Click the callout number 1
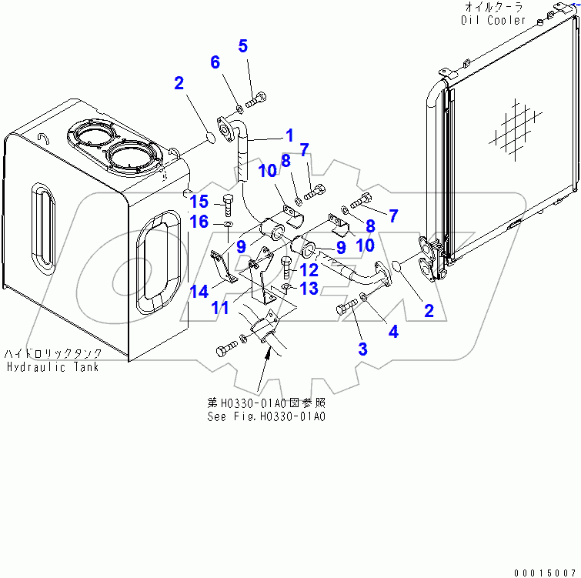pos(289,135)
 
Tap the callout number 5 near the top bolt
pos(243,46)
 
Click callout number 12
pos(309,270)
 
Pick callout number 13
pos(309,288)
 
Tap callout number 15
pos(199,202)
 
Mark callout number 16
pos(199,222)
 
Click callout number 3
pos(362,349)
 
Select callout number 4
pos(393,332)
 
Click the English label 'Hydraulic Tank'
pos(52,367)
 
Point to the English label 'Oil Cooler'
pos(493,20)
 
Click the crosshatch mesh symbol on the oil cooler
pos(510,125)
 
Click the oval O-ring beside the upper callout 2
pos(209,139)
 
